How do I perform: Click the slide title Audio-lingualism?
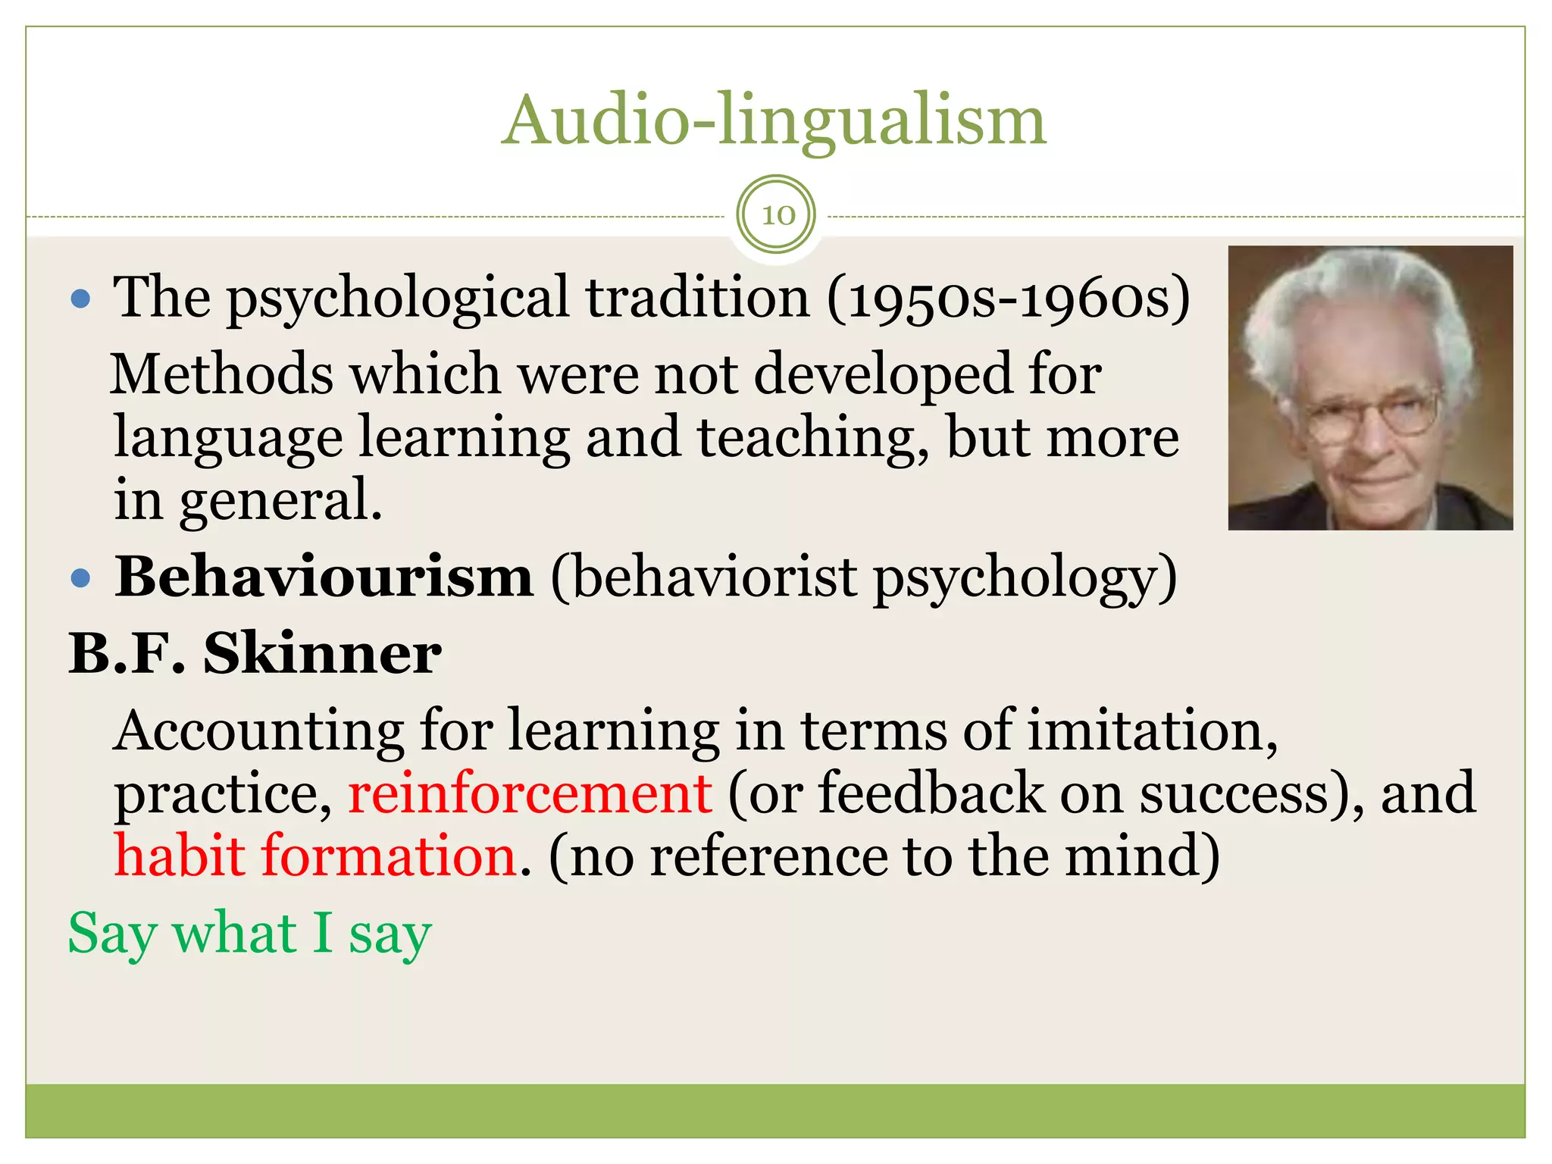(774, 121)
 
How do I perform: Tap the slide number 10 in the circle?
(778, 215)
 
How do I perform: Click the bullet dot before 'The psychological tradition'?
(80, 299)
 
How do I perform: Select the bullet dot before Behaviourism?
(80, 579)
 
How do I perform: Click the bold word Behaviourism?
(324, 577)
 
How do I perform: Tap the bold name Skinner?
(322, 653)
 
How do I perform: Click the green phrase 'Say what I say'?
(250, 934)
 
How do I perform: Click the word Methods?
(221, 375)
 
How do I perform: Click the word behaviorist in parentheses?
(712, 579)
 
